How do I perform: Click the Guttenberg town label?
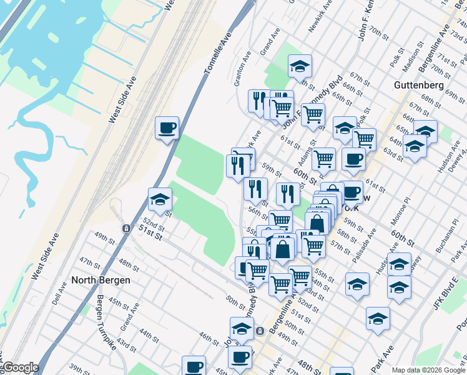(419, 85)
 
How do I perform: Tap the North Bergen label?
(101, 280)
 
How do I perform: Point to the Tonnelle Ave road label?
(217, 54)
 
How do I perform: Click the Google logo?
(20, 367)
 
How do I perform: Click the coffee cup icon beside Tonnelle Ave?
(167, 128)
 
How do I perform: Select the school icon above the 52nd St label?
(160, 200)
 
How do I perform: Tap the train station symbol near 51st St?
(126, 228)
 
